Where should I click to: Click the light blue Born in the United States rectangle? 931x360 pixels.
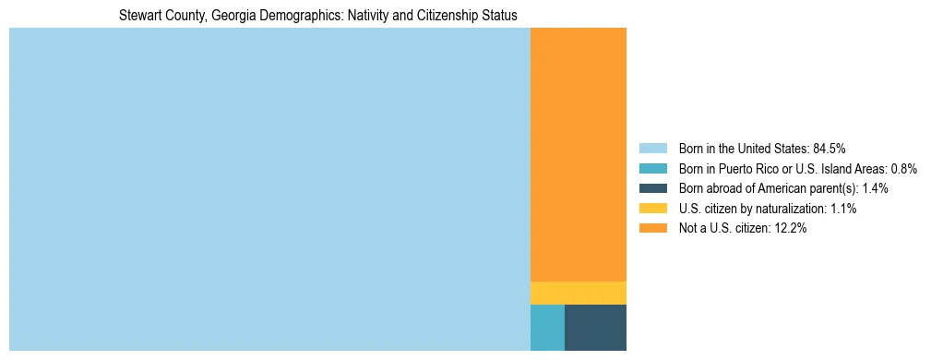coord(269,189)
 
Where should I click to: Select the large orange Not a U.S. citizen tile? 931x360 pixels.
coord(579,154)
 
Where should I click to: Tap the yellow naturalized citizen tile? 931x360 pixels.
coord(579,293)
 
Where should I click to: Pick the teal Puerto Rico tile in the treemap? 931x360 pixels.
coord(547,327)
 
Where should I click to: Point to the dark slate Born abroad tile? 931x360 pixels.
coord(595,327)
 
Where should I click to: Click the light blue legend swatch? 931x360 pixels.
coord(652,148)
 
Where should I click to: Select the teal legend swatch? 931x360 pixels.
coord(652,168)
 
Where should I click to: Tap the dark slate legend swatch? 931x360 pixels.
coord(652,188)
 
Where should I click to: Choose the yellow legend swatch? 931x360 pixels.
coord(652,209)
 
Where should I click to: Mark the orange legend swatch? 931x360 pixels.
coord(652,229)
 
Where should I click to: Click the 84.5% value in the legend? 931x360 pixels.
coord(830,148)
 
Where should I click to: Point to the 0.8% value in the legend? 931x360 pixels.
coord(903,168)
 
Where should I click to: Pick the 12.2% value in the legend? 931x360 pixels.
coord(791,229)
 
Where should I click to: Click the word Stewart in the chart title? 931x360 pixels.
coord(137,16)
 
